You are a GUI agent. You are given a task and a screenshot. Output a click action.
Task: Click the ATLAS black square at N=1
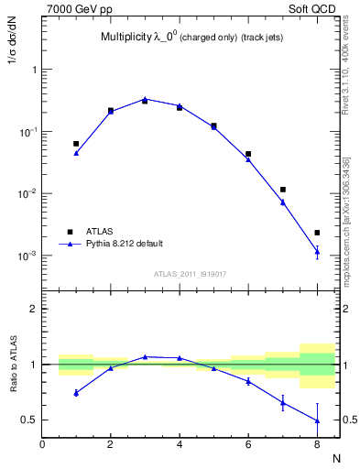coord(76,144)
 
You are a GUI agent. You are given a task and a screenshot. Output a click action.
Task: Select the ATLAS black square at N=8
coord(317,233)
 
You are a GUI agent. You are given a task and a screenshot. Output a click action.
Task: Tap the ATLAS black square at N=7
coord(283,190)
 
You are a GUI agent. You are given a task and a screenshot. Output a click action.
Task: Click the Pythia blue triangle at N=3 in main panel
coord(145,99)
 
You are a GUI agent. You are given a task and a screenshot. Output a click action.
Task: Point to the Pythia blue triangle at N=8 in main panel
coord(317,251)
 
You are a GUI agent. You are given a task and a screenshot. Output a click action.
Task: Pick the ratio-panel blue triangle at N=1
coord(76,392)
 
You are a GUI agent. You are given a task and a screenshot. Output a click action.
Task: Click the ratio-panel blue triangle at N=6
coord(248,380)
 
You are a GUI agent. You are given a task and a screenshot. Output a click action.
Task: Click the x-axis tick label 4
coord(180,446)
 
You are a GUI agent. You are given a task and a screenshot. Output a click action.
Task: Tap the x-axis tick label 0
coord(42,446)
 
